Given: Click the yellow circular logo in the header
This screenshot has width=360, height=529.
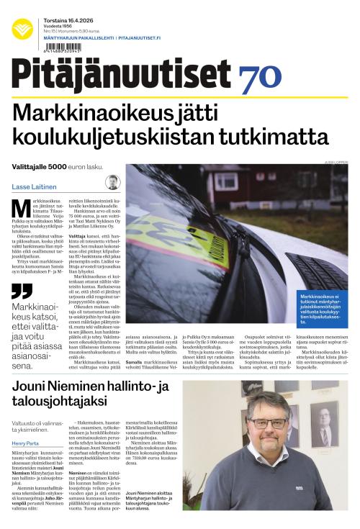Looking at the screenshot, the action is pyautogui.click(x=22, y=29).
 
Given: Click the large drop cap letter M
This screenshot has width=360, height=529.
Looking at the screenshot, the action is pyautogui.click(x=22, y=208).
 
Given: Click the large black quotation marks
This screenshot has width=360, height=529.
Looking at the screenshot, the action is pyautogui.click(x=22, y=291).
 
